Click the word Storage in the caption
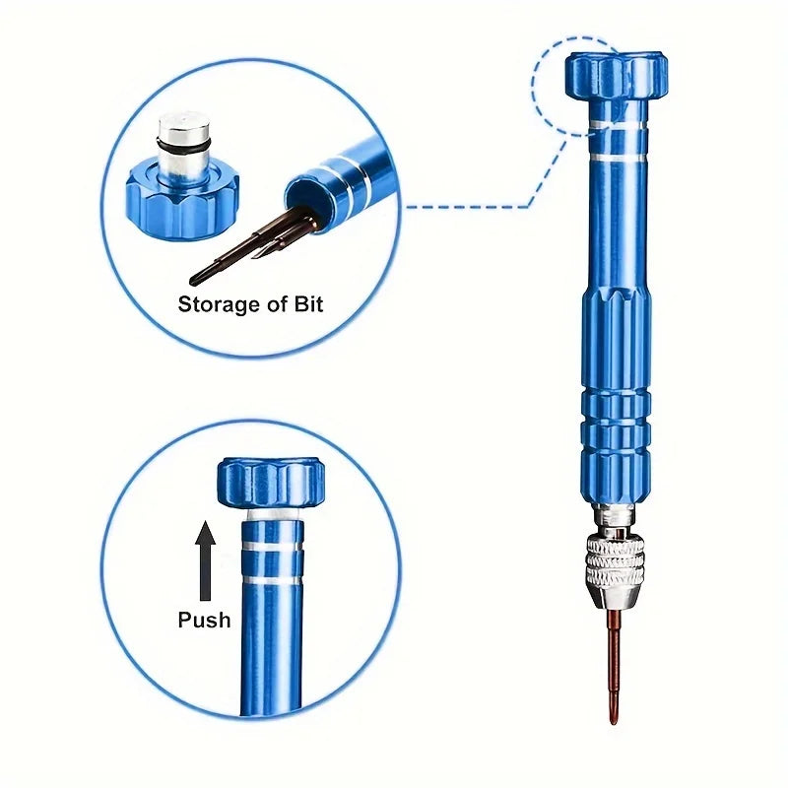tap(218, 303)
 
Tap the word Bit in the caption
tap(305, 303)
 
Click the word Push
tap(204, 620)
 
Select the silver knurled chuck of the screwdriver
tap(615, 560)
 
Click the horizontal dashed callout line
tap(463, 207)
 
